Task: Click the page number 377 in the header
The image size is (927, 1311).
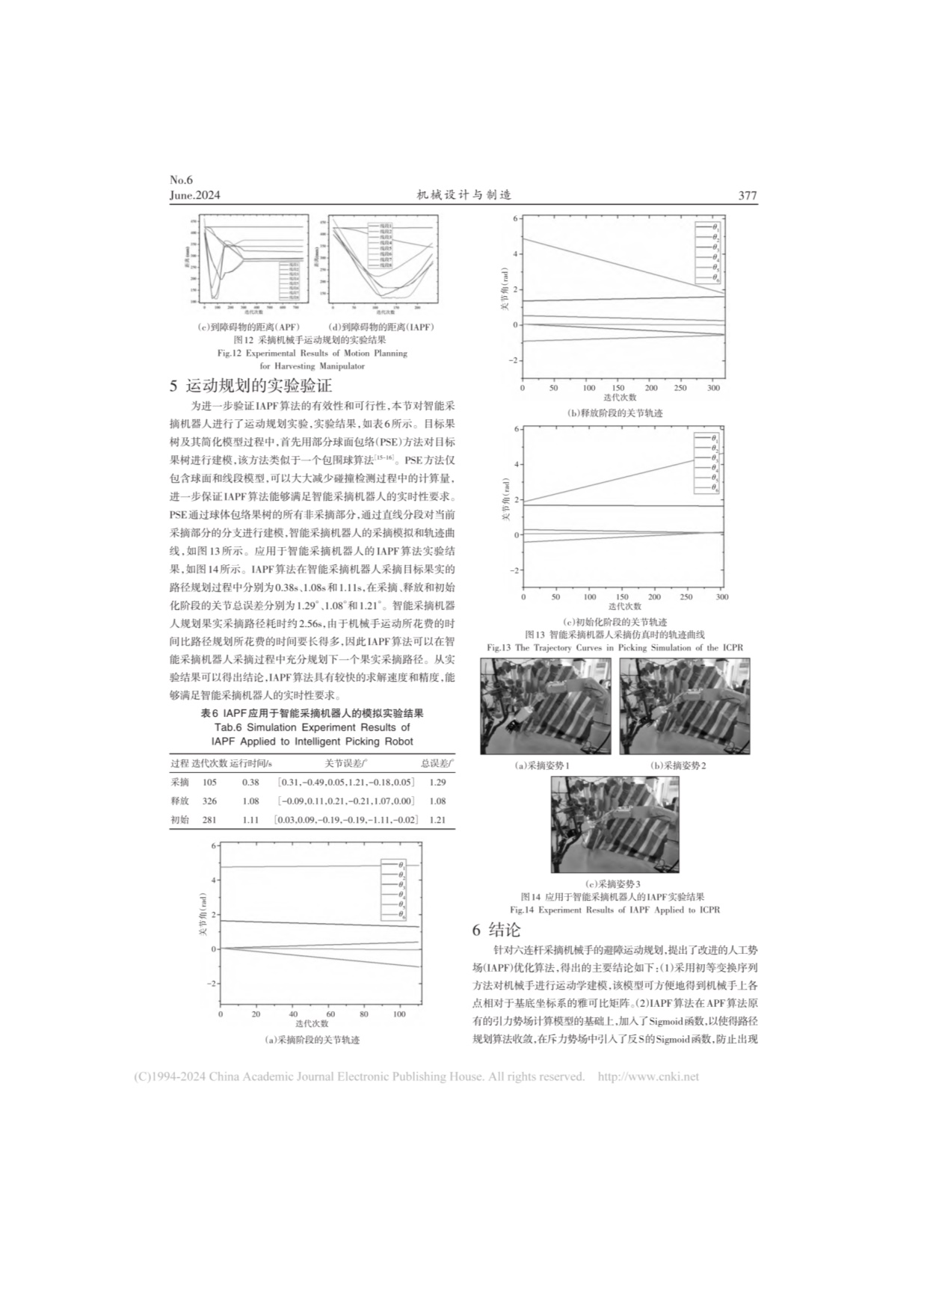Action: pos(747,196)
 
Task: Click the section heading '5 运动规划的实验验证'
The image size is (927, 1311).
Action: pos(251,386)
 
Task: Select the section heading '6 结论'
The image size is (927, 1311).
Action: pos(496,930)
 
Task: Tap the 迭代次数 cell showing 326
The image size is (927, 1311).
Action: pos(209,801)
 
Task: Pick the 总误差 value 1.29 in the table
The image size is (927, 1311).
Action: pos(437,782)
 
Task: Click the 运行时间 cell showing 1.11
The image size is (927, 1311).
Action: pos(250,820)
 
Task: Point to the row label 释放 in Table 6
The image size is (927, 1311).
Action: pos(179,801)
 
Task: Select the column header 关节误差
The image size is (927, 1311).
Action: pos(344,763)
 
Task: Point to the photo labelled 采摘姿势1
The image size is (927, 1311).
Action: pos(546,706)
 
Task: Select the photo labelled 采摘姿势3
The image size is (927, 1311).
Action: pos(615,824)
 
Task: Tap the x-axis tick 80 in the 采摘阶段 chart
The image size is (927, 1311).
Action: pos(364,1014)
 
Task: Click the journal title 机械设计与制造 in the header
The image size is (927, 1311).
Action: pos(463,195)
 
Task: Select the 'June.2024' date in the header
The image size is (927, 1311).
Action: pos(195,196)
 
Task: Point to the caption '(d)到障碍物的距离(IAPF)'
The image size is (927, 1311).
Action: pos(381,327)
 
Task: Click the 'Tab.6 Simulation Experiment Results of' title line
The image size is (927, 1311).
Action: pos(312,727)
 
